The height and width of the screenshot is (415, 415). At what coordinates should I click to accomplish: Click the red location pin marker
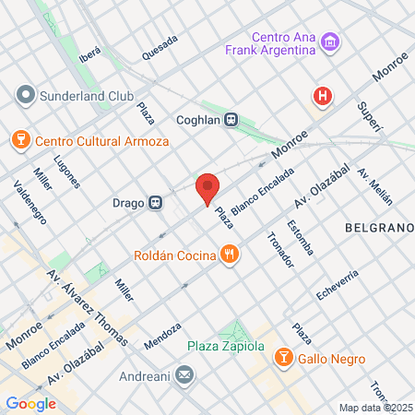[x=207, y=188]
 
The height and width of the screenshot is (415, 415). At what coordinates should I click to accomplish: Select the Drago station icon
[x=157, y=202]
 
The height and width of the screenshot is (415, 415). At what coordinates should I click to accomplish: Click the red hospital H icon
[x=322, y=95]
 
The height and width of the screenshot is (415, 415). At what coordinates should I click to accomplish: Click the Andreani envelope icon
[x=184, y=375]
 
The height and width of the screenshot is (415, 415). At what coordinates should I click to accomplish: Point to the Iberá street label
[x=89, y=54]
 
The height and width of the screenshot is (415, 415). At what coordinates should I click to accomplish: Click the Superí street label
[x=371, y=117]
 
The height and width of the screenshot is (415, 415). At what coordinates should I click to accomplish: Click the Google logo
[x=30, y=403]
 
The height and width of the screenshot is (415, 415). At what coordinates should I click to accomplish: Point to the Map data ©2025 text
[x=374, y=408]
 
